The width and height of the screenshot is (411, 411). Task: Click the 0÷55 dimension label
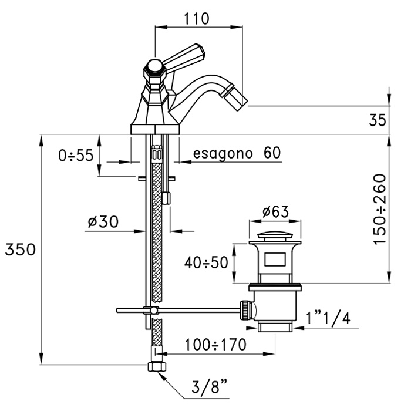(76, 156)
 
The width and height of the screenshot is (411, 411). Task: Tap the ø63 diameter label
(271, 211)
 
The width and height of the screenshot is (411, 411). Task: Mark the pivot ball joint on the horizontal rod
(153, 309)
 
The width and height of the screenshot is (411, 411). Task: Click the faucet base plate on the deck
(155, 128)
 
